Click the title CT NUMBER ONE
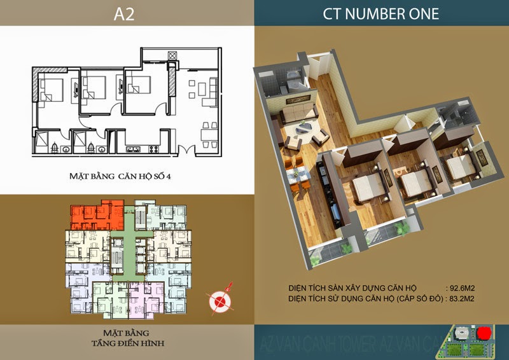tap(380, 13)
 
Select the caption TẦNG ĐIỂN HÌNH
tap(127, 343)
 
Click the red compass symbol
tap(221, 300)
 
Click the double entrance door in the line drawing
tap(186, 150)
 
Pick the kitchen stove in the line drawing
tap(152, 150)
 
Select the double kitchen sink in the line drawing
tap(134, 150)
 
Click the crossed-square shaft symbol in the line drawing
tap(171, 56)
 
